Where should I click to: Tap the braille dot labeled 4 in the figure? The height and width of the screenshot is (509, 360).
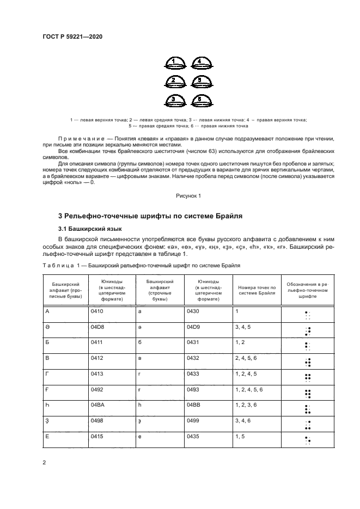(x=200, y=63)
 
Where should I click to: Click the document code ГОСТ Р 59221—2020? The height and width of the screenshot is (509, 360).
(x=72, y=36)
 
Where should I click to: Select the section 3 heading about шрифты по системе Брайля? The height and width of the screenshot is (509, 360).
(x=150, y=216)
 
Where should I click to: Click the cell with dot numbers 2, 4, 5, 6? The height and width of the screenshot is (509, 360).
(x=249, y=360)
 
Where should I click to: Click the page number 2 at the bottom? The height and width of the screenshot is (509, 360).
(x=44, y=463)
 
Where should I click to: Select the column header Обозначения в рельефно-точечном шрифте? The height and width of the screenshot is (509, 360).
(x=308, y=290)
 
